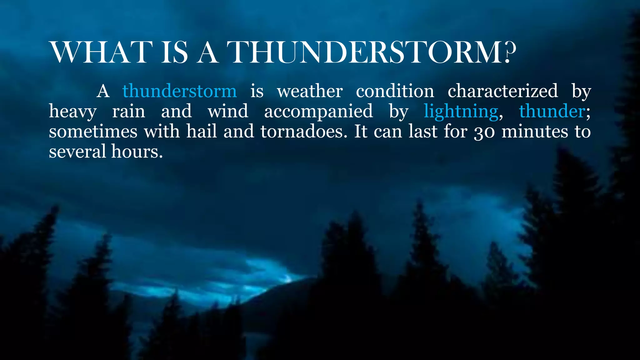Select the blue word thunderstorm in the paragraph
(x=179, y=91)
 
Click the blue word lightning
(x=461, y=112)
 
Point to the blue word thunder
(x=552, y=112)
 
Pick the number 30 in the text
(x=484, y=132)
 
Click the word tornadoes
(x=304, y=132)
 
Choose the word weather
(x=310, y=91)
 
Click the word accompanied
(x=318, y=112)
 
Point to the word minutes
(x=535, y=132)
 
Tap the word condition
(x=395, y=91)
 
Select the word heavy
(x=72, y=112)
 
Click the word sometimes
(x=93, y=132)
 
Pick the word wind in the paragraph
(x=228, y=112)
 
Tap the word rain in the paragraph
(x=128, y=112)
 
